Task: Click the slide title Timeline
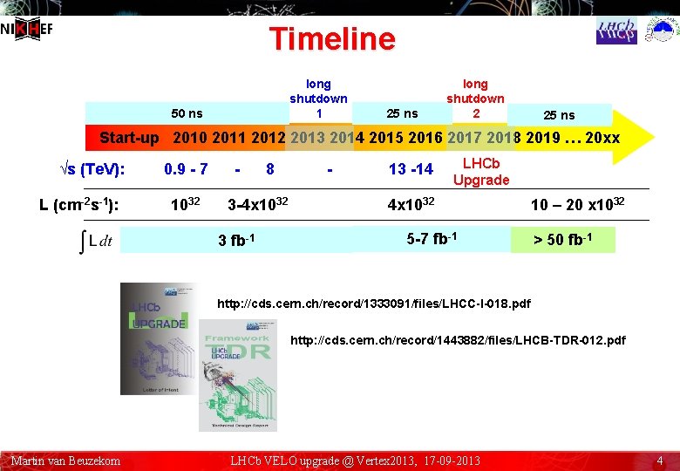coord(332,39)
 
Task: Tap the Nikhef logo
coord(26,28)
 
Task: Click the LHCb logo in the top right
coord(616,31)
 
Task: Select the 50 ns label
coord(187,113)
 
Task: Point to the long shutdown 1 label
coord(318,99)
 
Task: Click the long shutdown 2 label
coord(475,99)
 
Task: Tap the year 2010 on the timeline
coord(189,137)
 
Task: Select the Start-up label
coord(129,138)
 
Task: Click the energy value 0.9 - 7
coord(186,168)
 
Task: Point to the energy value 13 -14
coord(411,168)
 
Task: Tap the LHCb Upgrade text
coord(480,172)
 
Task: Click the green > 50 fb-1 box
coord(562,240)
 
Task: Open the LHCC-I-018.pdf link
coord(373,304)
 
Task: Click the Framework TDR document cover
coord(237,375)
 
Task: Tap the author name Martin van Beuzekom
coord(65,461)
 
